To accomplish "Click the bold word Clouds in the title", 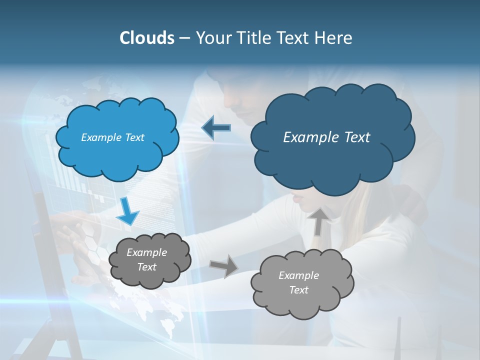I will pos(146,38).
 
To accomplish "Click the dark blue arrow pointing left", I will pos(216,127).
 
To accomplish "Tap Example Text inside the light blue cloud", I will pos(112,137).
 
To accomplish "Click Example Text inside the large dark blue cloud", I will pos(326,137).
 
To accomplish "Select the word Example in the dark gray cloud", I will pos(146,252).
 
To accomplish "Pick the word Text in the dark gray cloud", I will pos(146,267).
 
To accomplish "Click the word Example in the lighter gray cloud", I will pos(298,275).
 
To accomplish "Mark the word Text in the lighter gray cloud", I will pos(298,290).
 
